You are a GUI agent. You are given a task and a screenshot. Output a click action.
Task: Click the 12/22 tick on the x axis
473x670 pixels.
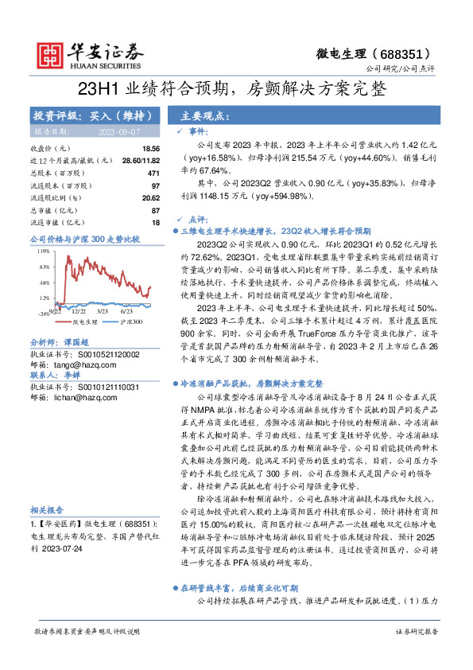tap(79, 313)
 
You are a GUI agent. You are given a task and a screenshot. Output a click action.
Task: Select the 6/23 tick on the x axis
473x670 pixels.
tap(126, 313)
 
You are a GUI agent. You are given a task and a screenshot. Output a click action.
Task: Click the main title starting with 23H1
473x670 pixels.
tap(236, 89)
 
